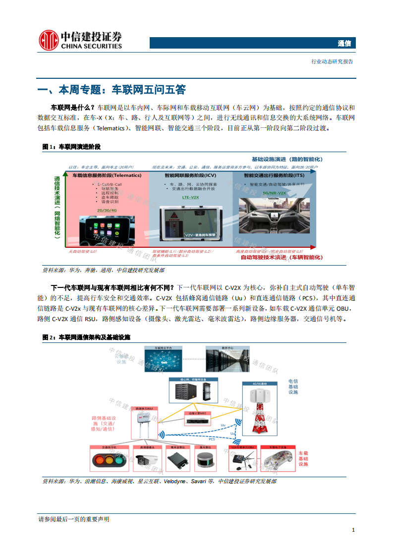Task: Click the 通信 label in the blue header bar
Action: pos(344,44)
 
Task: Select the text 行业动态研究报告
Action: pos(332,62)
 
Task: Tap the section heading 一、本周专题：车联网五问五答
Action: pos(112,90)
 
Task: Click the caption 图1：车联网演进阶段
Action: pos(71,147)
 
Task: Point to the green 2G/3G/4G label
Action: pos(107,210)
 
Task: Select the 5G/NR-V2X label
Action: pos(274,192)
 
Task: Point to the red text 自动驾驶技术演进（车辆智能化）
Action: pos(281,257)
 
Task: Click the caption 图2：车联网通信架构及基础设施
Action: pos(86,337)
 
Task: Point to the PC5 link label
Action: pos(212,439)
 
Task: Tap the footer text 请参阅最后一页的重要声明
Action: pos(73,519)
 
